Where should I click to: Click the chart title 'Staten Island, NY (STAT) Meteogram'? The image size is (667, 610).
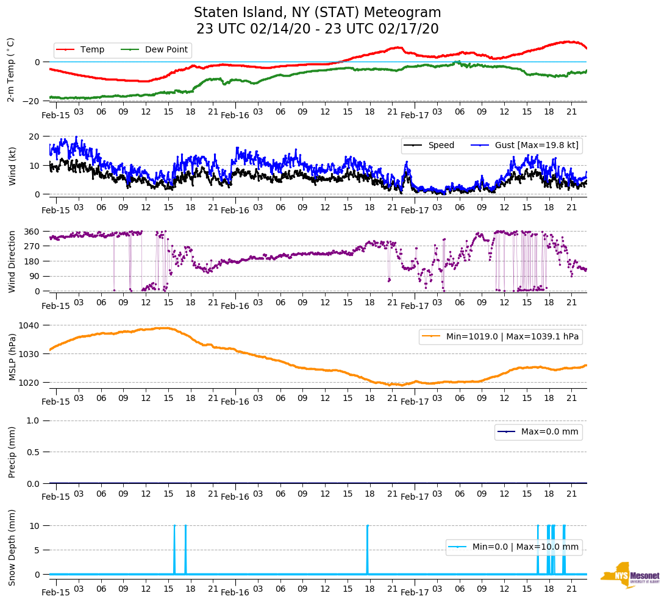(317, 13)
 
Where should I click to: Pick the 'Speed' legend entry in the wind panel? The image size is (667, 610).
(441, 145)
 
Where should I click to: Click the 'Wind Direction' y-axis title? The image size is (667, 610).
(12, 261)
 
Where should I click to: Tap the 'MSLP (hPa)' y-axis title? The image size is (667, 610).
(12, 353)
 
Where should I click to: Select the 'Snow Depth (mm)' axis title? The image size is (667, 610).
(12, 547)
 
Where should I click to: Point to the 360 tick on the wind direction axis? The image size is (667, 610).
(33, 232)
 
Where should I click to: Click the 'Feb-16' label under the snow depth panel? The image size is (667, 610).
(235, 592)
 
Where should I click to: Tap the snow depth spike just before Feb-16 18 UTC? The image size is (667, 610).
(368, 548)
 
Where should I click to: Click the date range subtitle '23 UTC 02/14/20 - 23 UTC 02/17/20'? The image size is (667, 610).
(317, 29)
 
